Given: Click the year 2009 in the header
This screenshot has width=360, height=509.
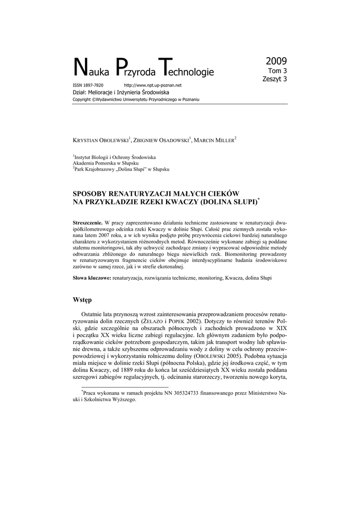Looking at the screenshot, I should pyautogui.click(x=276, y=62).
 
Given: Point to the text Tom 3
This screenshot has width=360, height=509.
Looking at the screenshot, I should pyautogui.click(x=278, y=71).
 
